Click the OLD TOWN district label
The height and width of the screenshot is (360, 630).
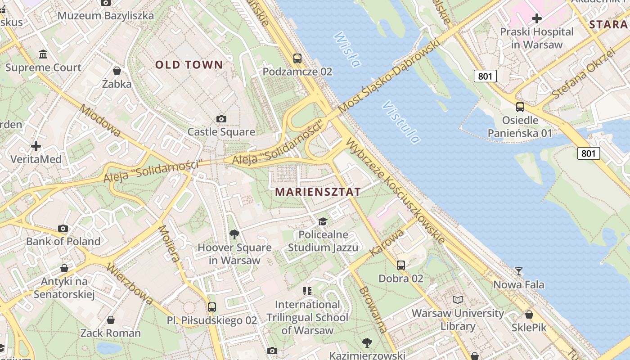pos(189,65)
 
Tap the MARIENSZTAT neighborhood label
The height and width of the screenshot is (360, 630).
pos(318,192)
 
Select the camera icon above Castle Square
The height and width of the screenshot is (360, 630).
pos(221,119)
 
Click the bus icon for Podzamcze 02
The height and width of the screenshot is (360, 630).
pos(297,58)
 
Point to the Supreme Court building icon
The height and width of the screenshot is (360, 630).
pos(43,54)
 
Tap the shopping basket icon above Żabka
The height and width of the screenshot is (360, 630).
pos(117,71)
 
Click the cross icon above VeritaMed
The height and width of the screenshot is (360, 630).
pos(36,146)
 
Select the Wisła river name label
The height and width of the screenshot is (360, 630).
pos(347,49)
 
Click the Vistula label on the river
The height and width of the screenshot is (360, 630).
pos(401,122)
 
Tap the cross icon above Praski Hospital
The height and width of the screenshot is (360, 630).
pos(536,18)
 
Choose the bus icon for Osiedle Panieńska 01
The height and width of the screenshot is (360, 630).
pos(520,107)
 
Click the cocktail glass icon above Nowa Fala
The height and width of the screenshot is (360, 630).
pos(518,271)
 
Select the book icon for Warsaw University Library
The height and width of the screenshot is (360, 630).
pos(458,300)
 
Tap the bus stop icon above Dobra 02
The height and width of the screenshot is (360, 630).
pos(400,265)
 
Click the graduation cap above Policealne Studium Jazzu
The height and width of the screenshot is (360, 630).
pos(323,221)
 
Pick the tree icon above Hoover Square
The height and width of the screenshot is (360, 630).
pos(234,234)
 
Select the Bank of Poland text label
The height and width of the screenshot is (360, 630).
pos(63,241)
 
